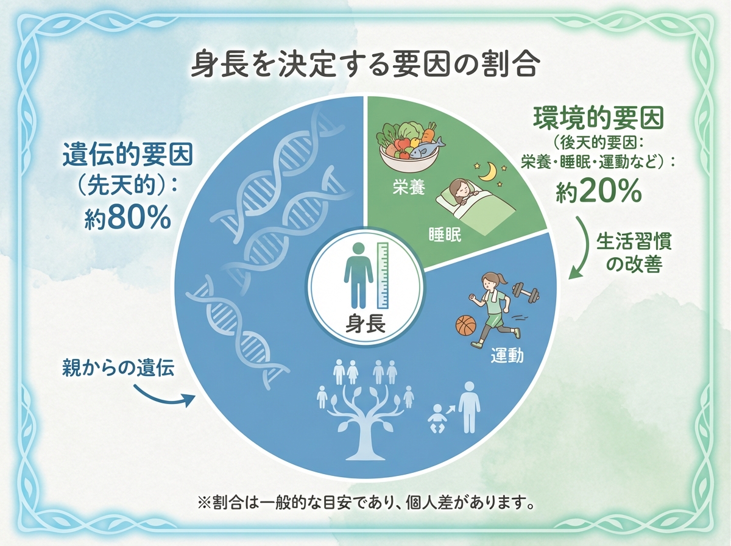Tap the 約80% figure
click(127, 219)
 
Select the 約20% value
click(598, 191)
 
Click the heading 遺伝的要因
click(128, 155)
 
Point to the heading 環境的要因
click(598, 118)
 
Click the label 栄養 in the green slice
click(409, 188)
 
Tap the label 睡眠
click(445, 235)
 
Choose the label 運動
click(507, 355)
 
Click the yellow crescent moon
click(490, 171)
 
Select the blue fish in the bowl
click(427, 147)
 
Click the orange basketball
click(467, 325)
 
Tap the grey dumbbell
click(526, 292)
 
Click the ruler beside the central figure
click(383, 275)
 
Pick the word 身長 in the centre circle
click(365, 324)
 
